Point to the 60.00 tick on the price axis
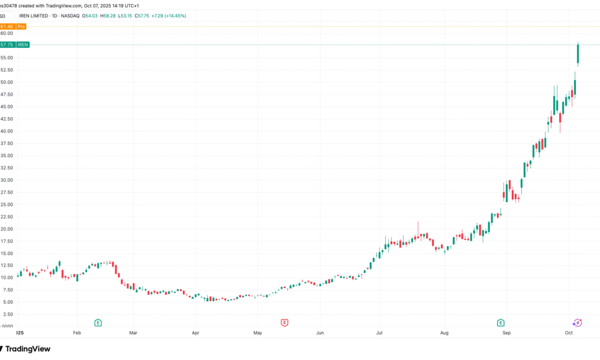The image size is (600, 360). (x=7, y=34)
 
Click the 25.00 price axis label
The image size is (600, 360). (x=7, y=205)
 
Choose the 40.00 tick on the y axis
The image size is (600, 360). (x=7, y=131)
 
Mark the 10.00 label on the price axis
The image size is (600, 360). (x=7, y=278)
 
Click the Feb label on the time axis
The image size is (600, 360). (x=76, y=332)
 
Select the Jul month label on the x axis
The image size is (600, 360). (x=379, y=332)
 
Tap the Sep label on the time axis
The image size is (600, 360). (x=506, y=332)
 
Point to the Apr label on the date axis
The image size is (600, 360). (x=195, y=332)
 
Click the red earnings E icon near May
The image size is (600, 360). (x=284, y=323)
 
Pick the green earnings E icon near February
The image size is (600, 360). (x=98, y=323)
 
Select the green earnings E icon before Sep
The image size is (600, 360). (x=500, y=323)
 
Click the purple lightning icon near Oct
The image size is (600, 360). (x=577, y=323)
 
